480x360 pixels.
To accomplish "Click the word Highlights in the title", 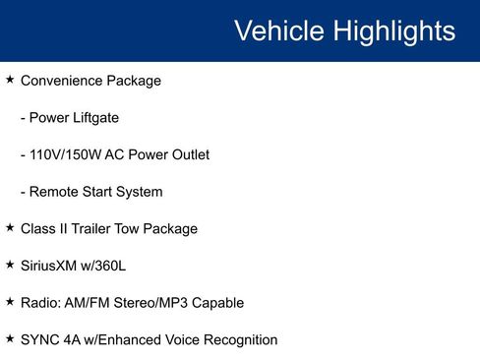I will pyautogui.click(x=394, y=30).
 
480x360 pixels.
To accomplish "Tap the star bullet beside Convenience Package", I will pyautogui.click(x=10, y=80).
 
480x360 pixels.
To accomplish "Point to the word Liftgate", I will pyautogui.click(x=92, y=118).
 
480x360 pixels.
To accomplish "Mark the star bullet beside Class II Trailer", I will pyautogui.click(x=10, y=227).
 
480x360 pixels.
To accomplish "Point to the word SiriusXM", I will pyautogui.click(x=52, y=266).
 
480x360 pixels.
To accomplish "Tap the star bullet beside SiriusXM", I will pyautogui.click(x=10, y=265).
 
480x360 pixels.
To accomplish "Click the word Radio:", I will pyautogui.click(x=41, y=303).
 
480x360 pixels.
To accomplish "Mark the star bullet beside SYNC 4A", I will pyautogui.click(x=10, y=338).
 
